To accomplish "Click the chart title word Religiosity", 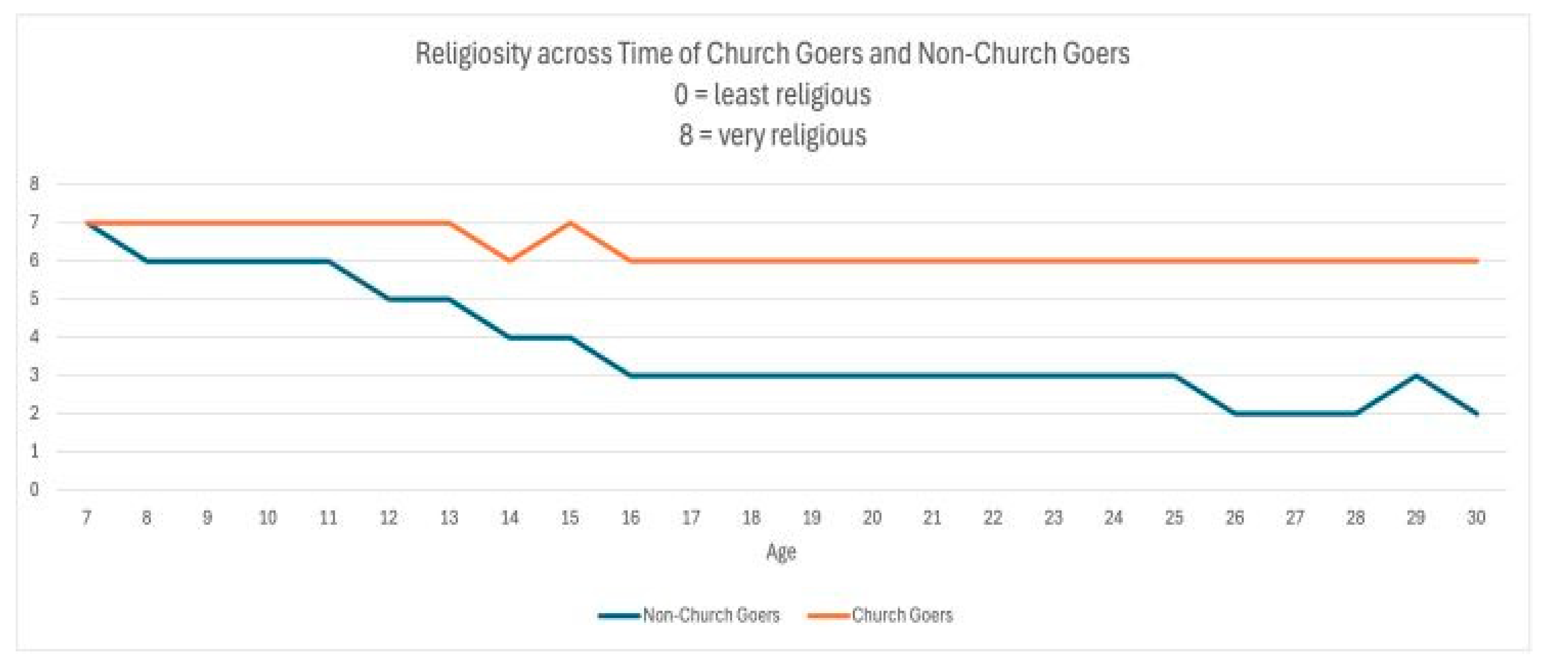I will pyautogui.click(x=472, y=54).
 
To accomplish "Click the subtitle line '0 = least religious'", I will pyautogui.click(x=772, y=95).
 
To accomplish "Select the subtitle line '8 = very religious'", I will pyautogui.click(x=772, y=135).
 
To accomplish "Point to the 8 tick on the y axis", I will pyautogui.click(x=34, y=184).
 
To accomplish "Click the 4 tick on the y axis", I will pyautogui.click(x=34, y=337).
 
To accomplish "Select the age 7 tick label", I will pyautogui.click(x=86, y=517).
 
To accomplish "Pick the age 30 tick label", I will pyautogui.click(x=1476, y=517).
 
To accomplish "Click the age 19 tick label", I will pyautogui.click(x=811, y=517).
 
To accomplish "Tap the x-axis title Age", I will pyautogui.click(x=781, y=551).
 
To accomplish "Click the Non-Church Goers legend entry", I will pyautogui.click(x=689, y=615).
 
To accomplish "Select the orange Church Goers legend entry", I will pyautogui.click(x=881, y=615).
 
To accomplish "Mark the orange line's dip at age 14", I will pyautogui.click(x=509, y=260).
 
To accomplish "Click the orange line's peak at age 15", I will pyautogui.click(x=570, y=223).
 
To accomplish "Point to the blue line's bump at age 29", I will pyautogui.click(x=1416, y=375).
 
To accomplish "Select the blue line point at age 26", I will pyautogui.click(x=1235, y=413).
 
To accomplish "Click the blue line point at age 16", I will pyautogui.click(x=631, y=375).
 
